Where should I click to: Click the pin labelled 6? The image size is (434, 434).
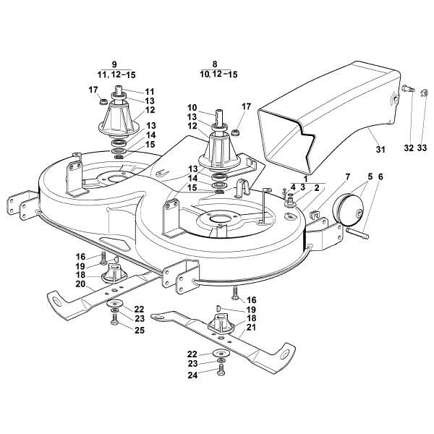358,233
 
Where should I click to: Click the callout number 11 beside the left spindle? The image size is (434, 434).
150,91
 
